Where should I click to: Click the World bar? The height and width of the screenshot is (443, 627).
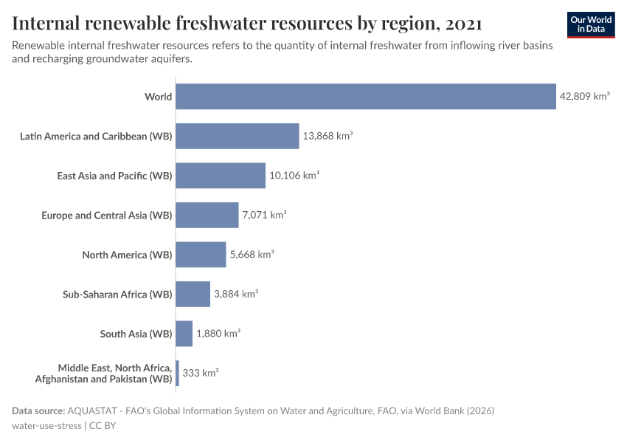(366, 97)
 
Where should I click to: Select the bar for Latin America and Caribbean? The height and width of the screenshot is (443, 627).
(238, 136)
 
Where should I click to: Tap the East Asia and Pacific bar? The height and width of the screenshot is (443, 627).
(221, 176)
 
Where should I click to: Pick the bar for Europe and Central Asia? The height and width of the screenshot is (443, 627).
(207, 215)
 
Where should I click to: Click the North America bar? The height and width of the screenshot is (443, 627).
(201, 255)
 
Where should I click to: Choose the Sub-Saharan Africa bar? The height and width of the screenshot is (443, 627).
(193, 294)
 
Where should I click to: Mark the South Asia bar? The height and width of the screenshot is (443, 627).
(184, 334)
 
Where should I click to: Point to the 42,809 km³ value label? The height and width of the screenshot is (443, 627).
(585, 97)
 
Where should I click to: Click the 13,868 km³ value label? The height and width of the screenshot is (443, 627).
(328, 136)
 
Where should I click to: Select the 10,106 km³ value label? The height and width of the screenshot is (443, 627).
(294, 176)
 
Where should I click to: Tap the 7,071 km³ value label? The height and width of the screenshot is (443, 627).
(264, 215)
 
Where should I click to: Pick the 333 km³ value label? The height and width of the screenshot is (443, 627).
(201, 373)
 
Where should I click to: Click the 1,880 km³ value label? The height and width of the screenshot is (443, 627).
(218, 334)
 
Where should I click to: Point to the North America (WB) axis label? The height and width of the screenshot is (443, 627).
(127, 255)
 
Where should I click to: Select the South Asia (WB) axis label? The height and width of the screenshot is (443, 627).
(136, 334)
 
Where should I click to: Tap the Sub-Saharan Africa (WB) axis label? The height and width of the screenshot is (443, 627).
(117, 294)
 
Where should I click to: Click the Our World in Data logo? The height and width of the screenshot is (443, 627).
(591, 24)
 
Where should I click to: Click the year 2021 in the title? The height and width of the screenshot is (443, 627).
(464, 24)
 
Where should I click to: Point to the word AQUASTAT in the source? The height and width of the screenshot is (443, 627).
(91, 411)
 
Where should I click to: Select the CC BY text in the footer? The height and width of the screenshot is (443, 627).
(103, 425)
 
